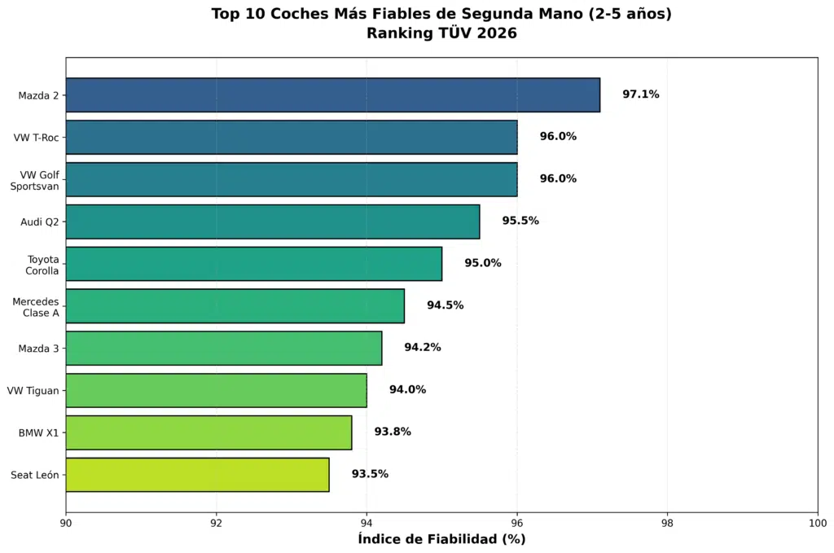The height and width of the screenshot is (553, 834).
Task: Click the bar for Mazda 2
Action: point(332,95)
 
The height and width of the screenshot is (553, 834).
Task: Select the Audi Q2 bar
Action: point(272,222)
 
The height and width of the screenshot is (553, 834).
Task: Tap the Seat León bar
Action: point(197,475)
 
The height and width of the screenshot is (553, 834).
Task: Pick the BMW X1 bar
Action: point(208,432)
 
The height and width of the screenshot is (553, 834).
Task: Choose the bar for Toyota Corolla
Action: point(253,264)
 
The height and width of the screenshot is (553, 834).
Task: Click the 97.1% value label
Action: point(640,94)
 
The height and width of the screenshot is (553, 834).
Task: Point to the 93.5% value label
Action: point(370,474)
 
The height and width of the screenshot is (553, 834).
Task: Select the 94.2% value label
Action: point(422,348)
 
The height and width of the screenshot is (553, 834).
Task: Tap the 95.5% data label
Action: point(520,221)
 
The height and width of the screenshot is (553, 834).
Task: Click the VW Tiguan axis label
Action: point(33,391)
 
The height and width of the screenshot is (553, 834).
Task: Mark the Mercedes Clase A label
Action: point(36,307)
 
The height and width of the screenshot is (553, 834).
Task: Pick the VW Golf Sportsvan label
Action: point(34,180)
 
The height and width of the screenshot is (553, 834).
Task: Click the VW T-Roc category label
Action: point(36,138)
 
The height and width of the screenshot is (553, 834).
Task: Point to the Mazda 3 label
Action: point(38,349)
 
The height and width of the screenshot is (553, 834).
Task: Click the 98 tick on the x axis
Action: point(667,523)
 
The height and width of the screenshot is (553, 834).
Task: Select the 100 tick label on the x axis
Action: point(816,523)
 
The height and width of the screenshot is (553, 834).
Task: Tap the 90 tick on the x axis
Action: point(66,523)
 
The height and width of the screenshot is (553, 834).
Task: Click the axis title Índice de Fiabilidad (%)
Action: point(441,539)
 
